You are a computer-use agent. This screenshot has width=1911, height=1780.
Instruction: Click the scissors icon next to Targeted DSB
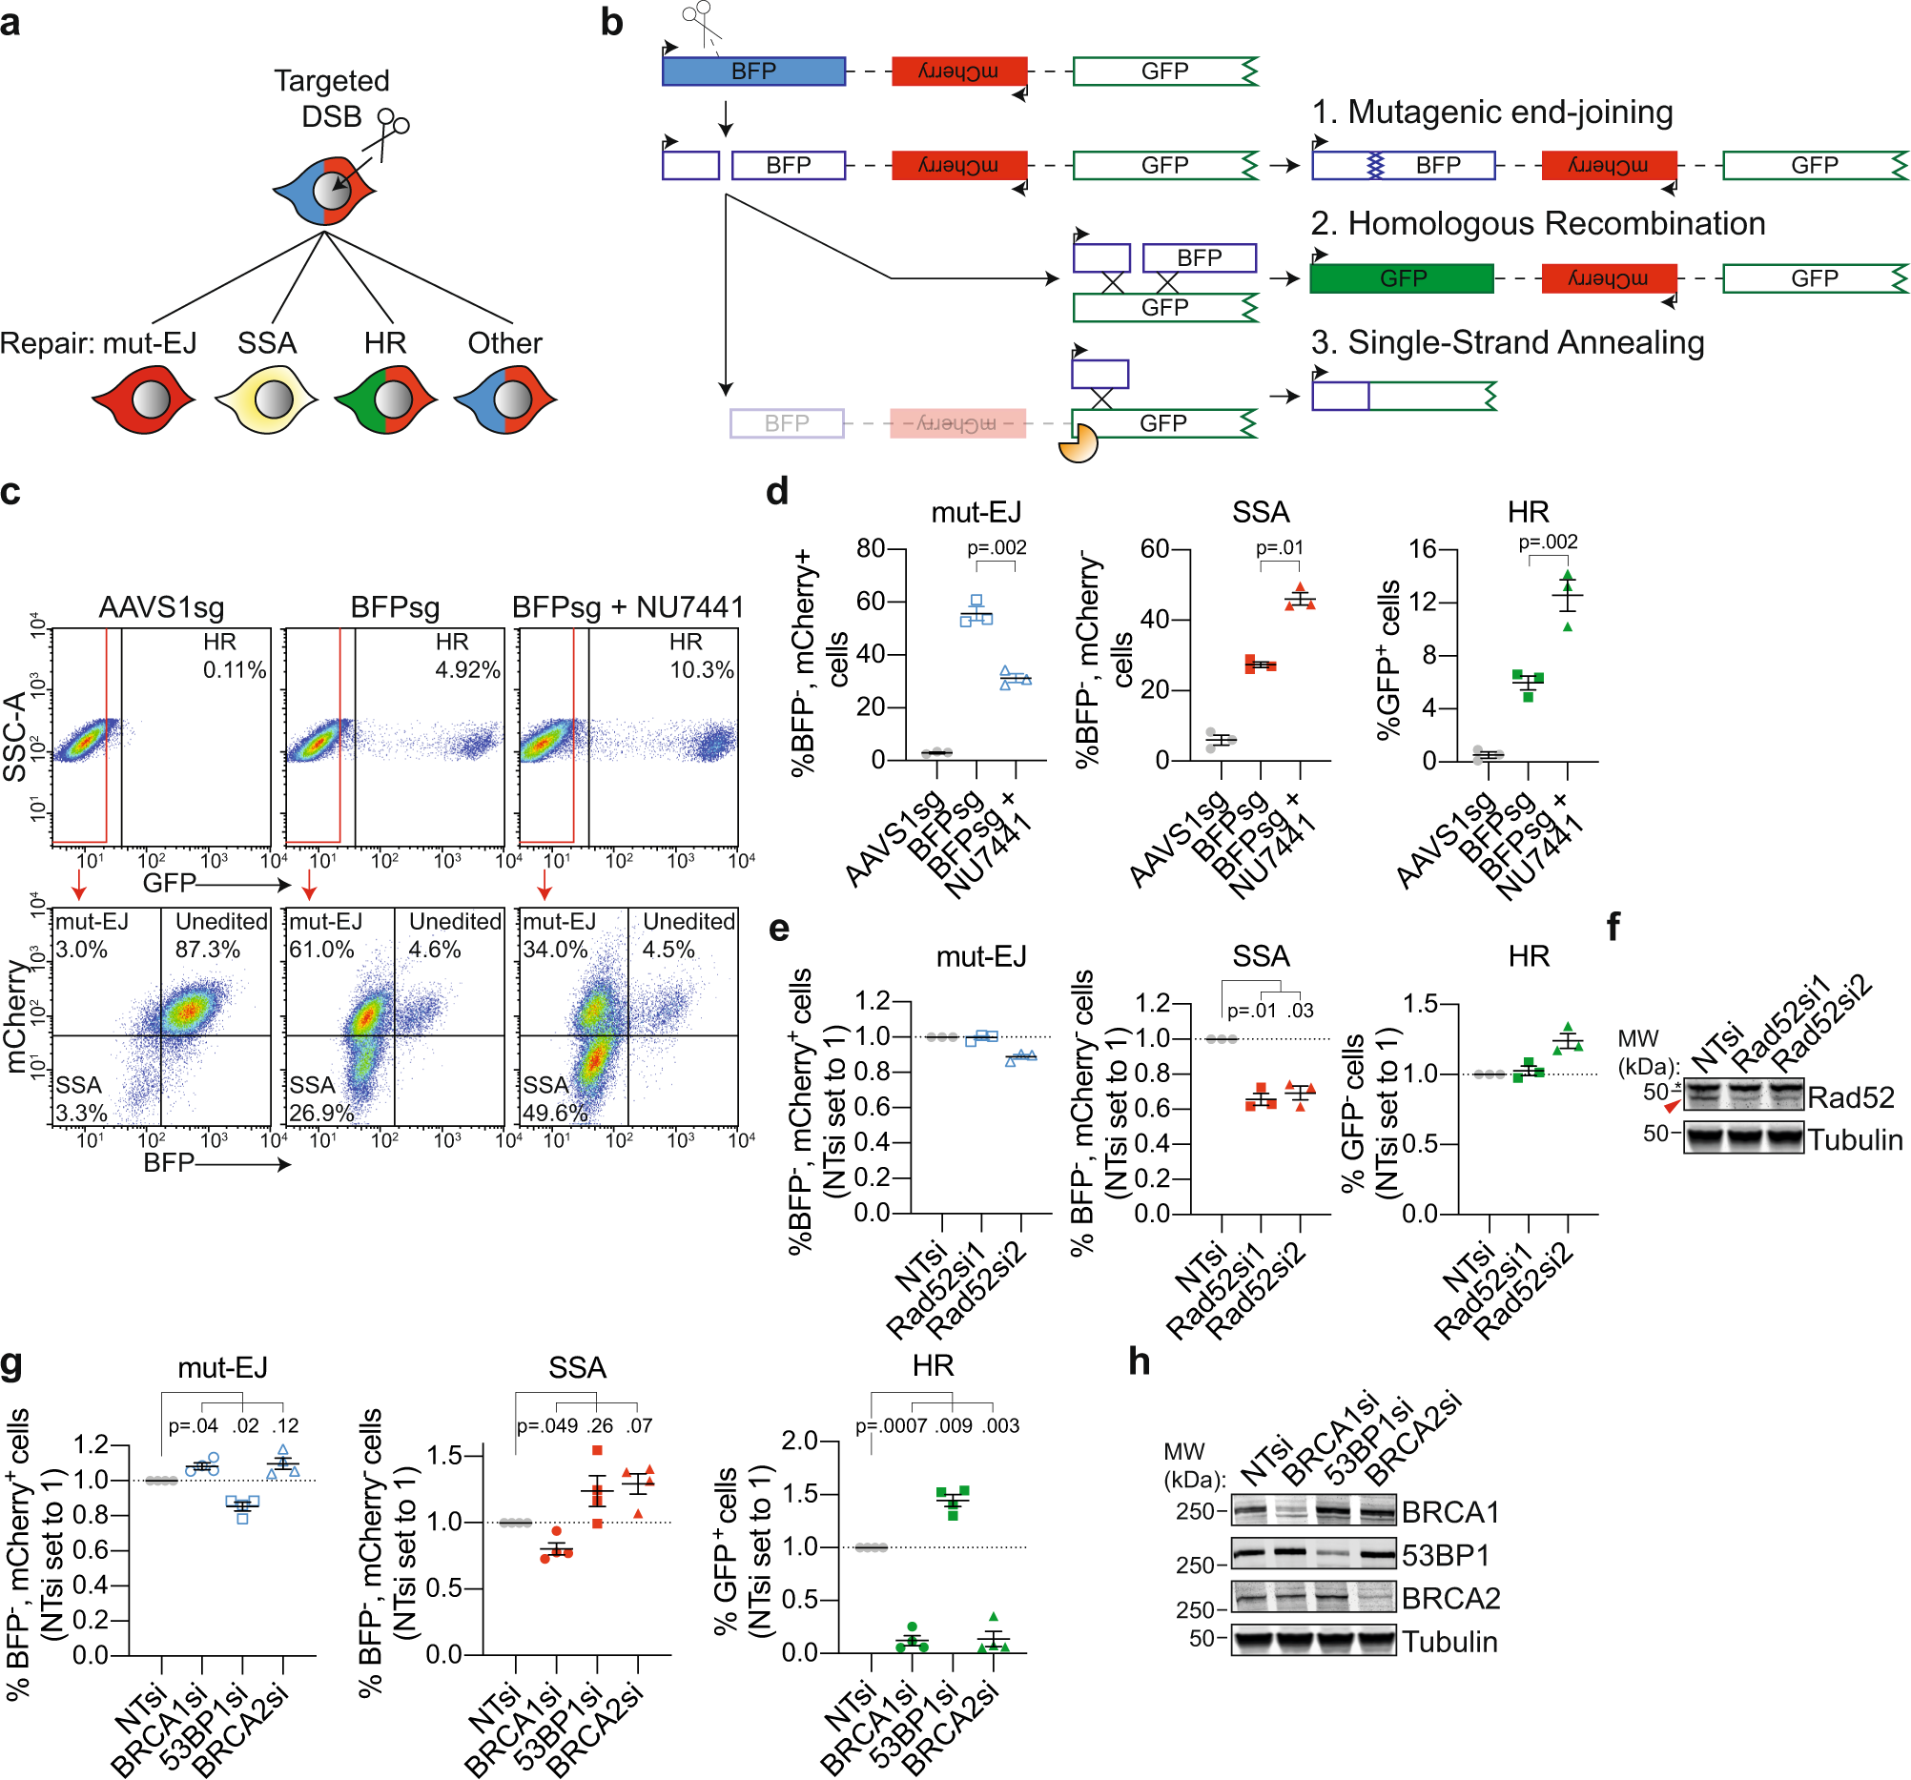pos(390,129)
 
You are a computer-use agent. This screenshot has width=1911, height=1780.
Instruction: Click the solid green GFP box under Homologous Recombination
pos(1402,278)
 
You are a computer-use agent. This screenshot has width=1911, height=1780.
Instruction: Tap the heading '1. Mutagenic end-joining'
pos(1491,113)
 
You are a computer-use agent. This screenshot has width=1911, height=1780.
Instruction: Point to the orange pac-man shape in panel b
pos(1078,445)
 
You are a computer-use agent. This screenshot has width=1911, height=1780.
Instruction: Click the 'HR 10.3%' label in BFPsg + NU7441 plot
pos(701,656)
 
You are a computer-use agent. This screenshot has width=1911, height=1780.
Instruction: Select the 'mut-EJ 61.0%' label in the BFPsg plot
pos(324,935)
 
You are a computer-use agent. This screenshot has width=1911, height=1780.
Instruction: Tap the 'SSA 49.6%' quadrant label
pos(555,1098)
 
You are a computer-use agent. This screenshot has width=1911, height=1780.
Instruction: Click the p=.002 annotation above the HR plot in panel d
pos(1548,542)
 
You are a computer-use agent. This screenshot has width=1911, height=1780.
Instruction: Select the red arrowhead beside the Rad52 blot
pos(1673,1106)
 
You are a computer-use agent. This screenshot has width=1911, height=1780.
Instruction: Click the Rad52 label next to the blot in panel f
pos(1849,1096)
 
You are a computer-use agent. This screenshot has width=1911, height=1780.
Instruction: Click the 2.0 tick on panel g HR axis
pos(799,1441)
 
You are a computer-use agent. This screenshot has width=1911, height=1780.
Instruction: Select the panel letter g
pos(12,1365)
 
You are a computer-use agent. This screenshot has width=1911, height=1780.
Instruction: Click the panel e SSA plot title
pos(1261,956)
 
